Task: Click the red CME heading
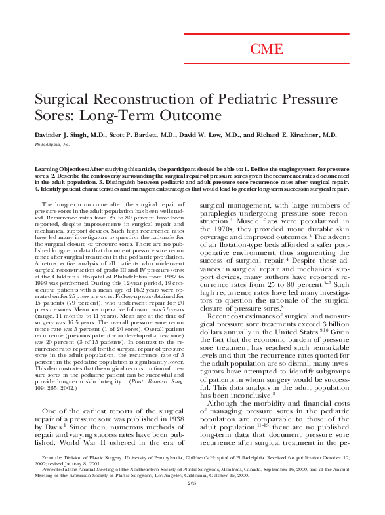click(x=267, y=49)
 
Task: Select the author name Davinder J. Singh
click(x=65, y=135)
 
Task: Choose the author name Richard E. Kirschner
click(x=298, y=135)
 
